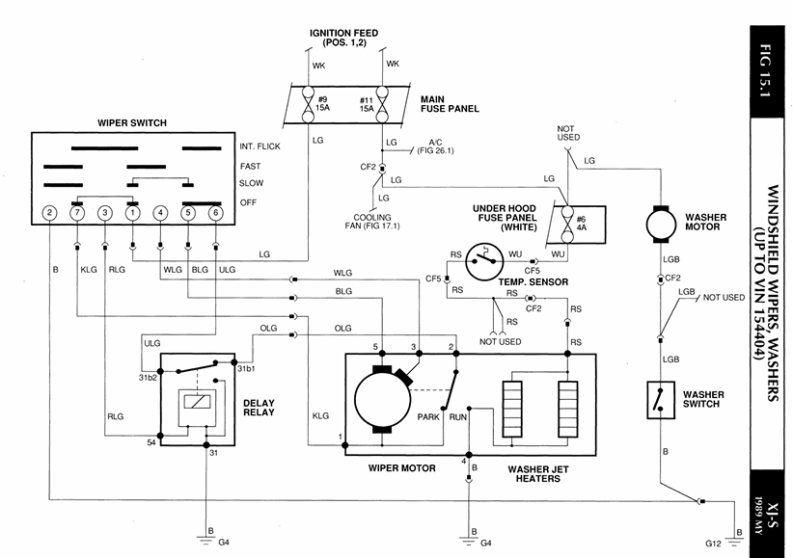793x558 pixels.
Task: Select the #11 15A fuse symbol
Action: (382, 103)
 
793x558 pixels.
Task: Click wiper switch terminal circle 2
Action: (48, 213)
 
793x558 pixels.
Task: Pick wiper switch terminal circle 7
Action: (76, 213)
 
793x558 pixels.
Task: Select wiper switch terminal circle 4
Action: (160, 213)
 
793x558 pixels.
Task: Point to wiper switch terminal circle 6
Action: (215, 213)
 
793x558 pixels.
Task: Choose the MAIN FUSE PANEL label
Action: (450, 103)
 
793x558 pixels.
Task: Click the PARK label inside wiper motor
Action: (428, 417)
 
